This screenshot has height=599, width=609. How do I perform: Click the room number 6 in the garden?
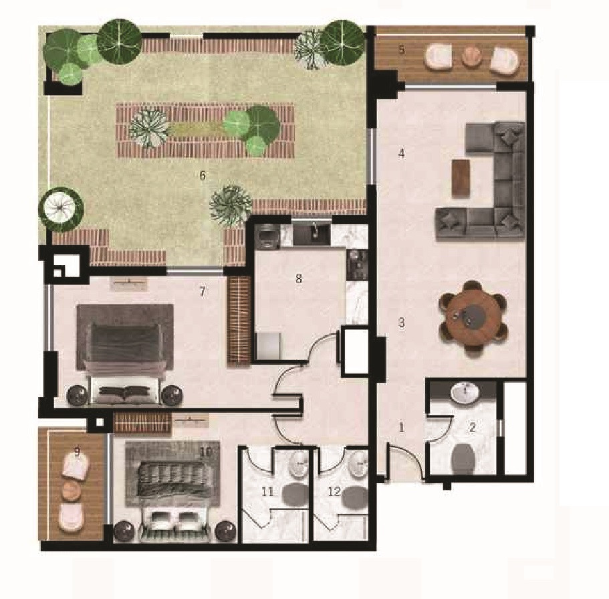coord(203,175)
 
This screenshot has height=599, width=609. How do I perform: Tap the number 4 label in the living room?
coord(402,154)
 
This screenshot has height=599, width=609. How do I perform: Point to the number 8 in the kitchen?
coord(299,278)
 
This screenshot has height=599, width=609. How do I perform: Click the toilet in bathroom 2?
coord(463,458)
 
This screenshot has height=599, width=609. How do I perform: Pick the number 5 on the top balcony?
coord(402,50)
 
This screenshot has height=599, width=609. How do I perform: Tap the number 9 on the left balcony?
coord(77,452)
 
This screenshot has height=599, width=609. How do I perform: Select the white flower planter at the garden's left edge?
coord(61,209)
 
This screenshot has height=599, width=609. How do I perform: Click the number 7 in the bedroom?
coord(203,291)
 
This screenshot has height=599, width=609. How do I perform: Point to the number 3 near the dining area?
coord(402,323)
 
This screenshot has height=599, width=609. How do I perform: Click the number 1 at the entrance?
coord(402,428)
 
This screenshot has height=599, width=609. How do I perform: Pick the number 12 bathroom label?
coord(334,492)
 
